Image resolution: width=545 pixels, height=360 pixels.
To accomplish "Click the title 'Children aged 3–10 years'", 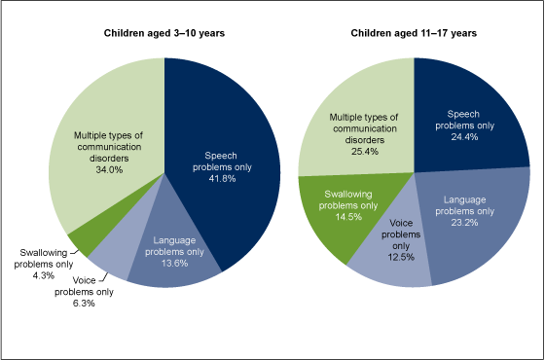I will (164, 33).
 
